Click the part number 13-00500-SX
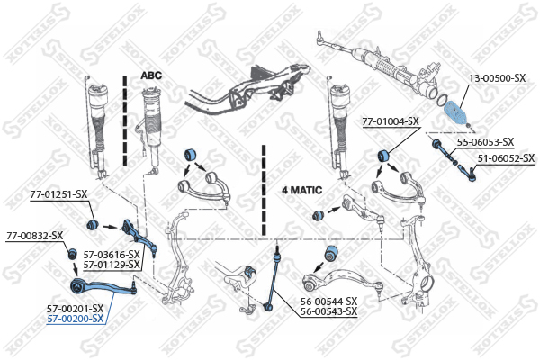point(498,78)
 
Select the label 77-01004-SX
point(391,121)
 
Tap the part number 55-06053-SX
point(485,142)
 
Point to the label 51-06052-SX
point(506,158)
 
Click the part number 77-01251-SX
point(58,194)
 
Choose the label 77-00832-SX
point(35,236)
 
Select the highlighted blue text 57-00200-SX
point(75,319)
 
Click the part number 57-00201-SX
point(75,309)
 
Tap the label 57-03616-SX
point(112,255)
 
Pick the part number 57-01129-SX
point(112,265)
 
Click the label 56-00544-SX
point(328,301)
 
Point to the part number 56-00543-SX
point(328,311)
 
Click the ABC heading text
point(151,76)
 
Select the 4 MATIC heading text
point(302,190)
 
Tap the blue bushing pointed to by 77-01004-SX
point(383,156)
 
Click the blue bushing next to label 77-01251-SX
point(93,225)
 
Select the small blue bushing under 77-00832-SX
point(72,254)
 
